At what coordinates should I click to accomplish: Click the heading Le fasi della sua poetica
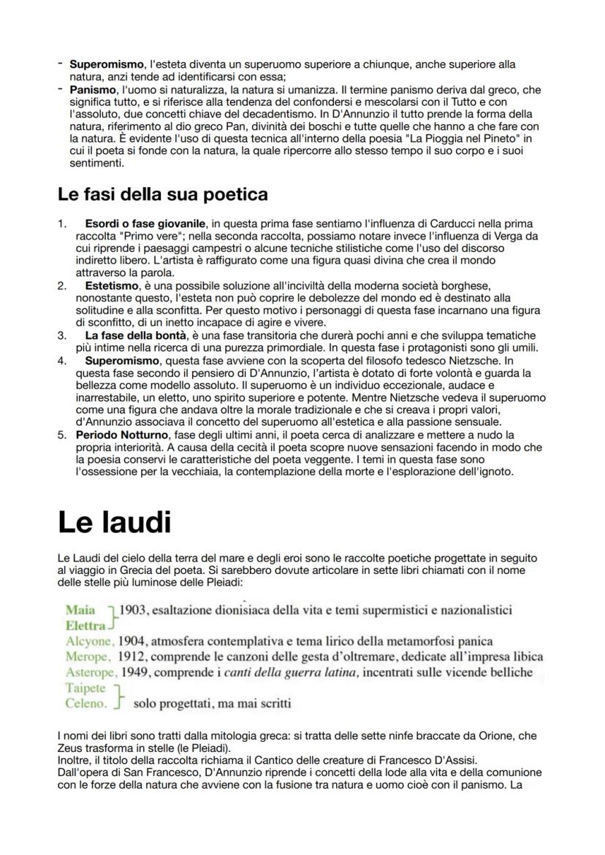point(162,194)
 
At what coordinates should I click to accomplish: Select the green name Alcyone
point(88,641)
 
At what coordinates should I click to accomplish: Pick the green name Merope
point(86,656)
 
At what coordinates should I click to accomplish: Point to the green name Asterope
point(90,672)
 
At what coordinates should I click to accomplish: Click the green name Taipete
point(85,688)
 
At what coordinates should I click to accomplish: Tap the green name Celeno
point(85,704)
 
